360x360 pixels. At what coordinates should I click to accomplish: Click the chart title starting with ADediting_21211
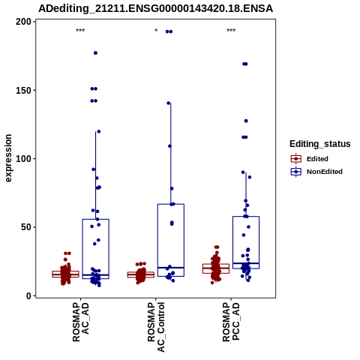pos(155,8)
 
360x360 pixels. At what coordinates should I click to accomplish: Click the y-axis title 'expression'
pos(8,158)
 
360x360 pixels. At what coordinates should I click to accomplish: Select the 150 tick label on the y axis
pos(24,90)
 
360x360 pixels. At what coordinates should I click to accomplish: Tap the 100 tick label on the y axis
pos(24,159)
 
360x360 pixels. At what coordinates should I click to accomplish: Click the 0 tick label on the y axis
pos(29,295)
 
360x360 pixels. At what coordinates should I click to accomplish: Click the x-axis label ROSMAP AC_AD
pos(81,322)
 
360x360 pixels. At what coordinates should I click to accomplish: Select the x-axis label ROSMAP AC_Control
pos(156,327)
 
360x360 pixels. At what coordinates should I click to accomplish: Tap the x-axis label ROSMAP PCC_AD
pos(231,322)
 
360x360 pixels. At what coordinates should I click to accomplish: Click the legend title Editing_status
pos(319,144)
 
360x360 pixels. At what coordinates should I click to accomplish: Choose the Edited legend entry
pos(310,159)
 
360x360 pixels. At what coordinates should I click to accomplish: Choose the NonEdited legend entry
pos(316,172)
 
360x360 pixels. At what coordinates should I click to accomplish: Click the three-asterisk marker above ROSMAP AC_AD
pos(80,31)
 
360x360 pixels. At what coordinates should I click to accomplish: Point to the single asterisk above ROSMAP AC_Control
pos(156,31)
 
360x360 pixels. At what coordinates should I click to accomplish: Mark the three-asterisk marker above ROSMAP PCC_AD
pos(231,31)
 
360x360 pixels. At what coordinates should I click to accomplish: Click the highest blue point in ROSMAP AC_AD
pos(95,53)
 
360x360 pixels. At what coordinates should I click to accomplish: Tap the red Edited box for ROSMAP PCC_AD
pos(216,268)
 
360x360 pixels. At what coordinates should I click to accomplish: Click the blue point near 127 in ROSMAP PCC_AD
pos(246,121)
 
